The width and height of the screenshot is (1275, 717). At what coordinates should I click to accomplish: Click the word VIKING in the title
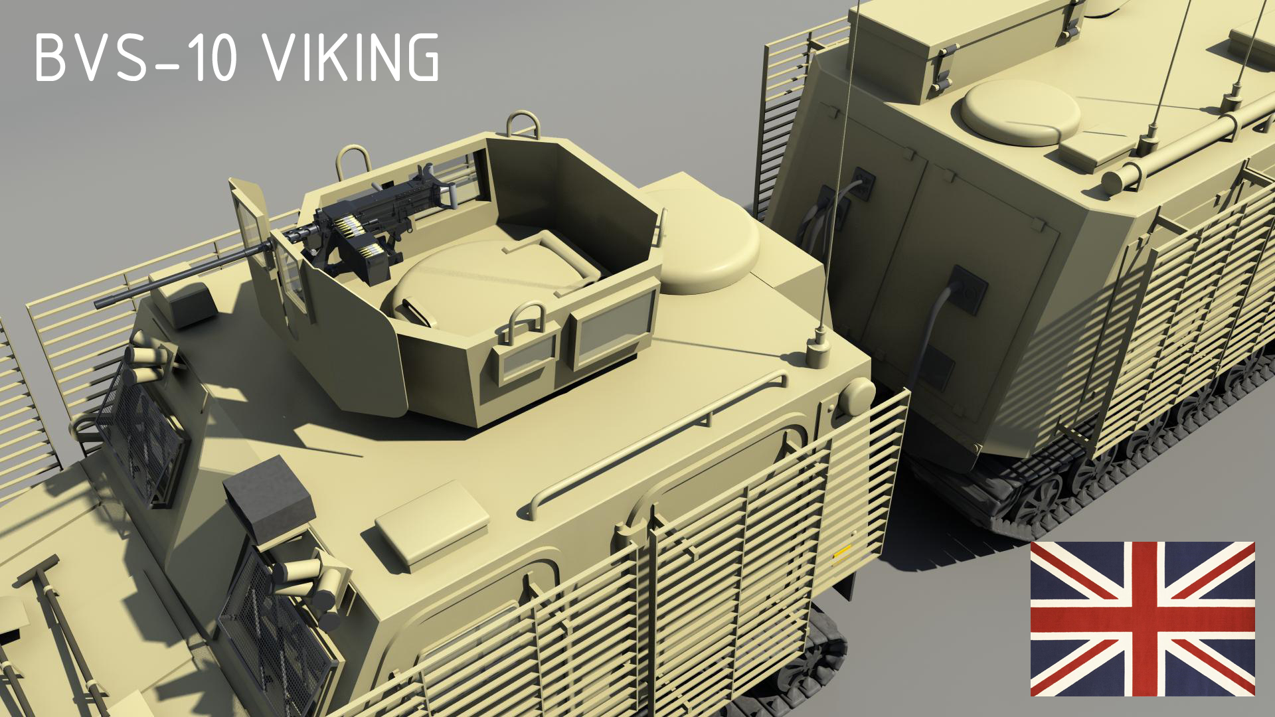(x=352, y=58)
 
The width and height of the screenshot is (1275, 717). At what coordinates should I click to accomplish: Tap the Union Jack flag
(x=1142, y=619)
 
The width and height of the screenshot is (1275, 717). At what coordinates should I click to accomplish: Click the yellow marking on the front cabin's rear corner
(x=842, y=553)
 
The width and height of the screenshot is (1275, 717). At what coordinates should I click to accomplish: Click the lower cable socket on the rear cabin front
(x=966, y=290)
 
